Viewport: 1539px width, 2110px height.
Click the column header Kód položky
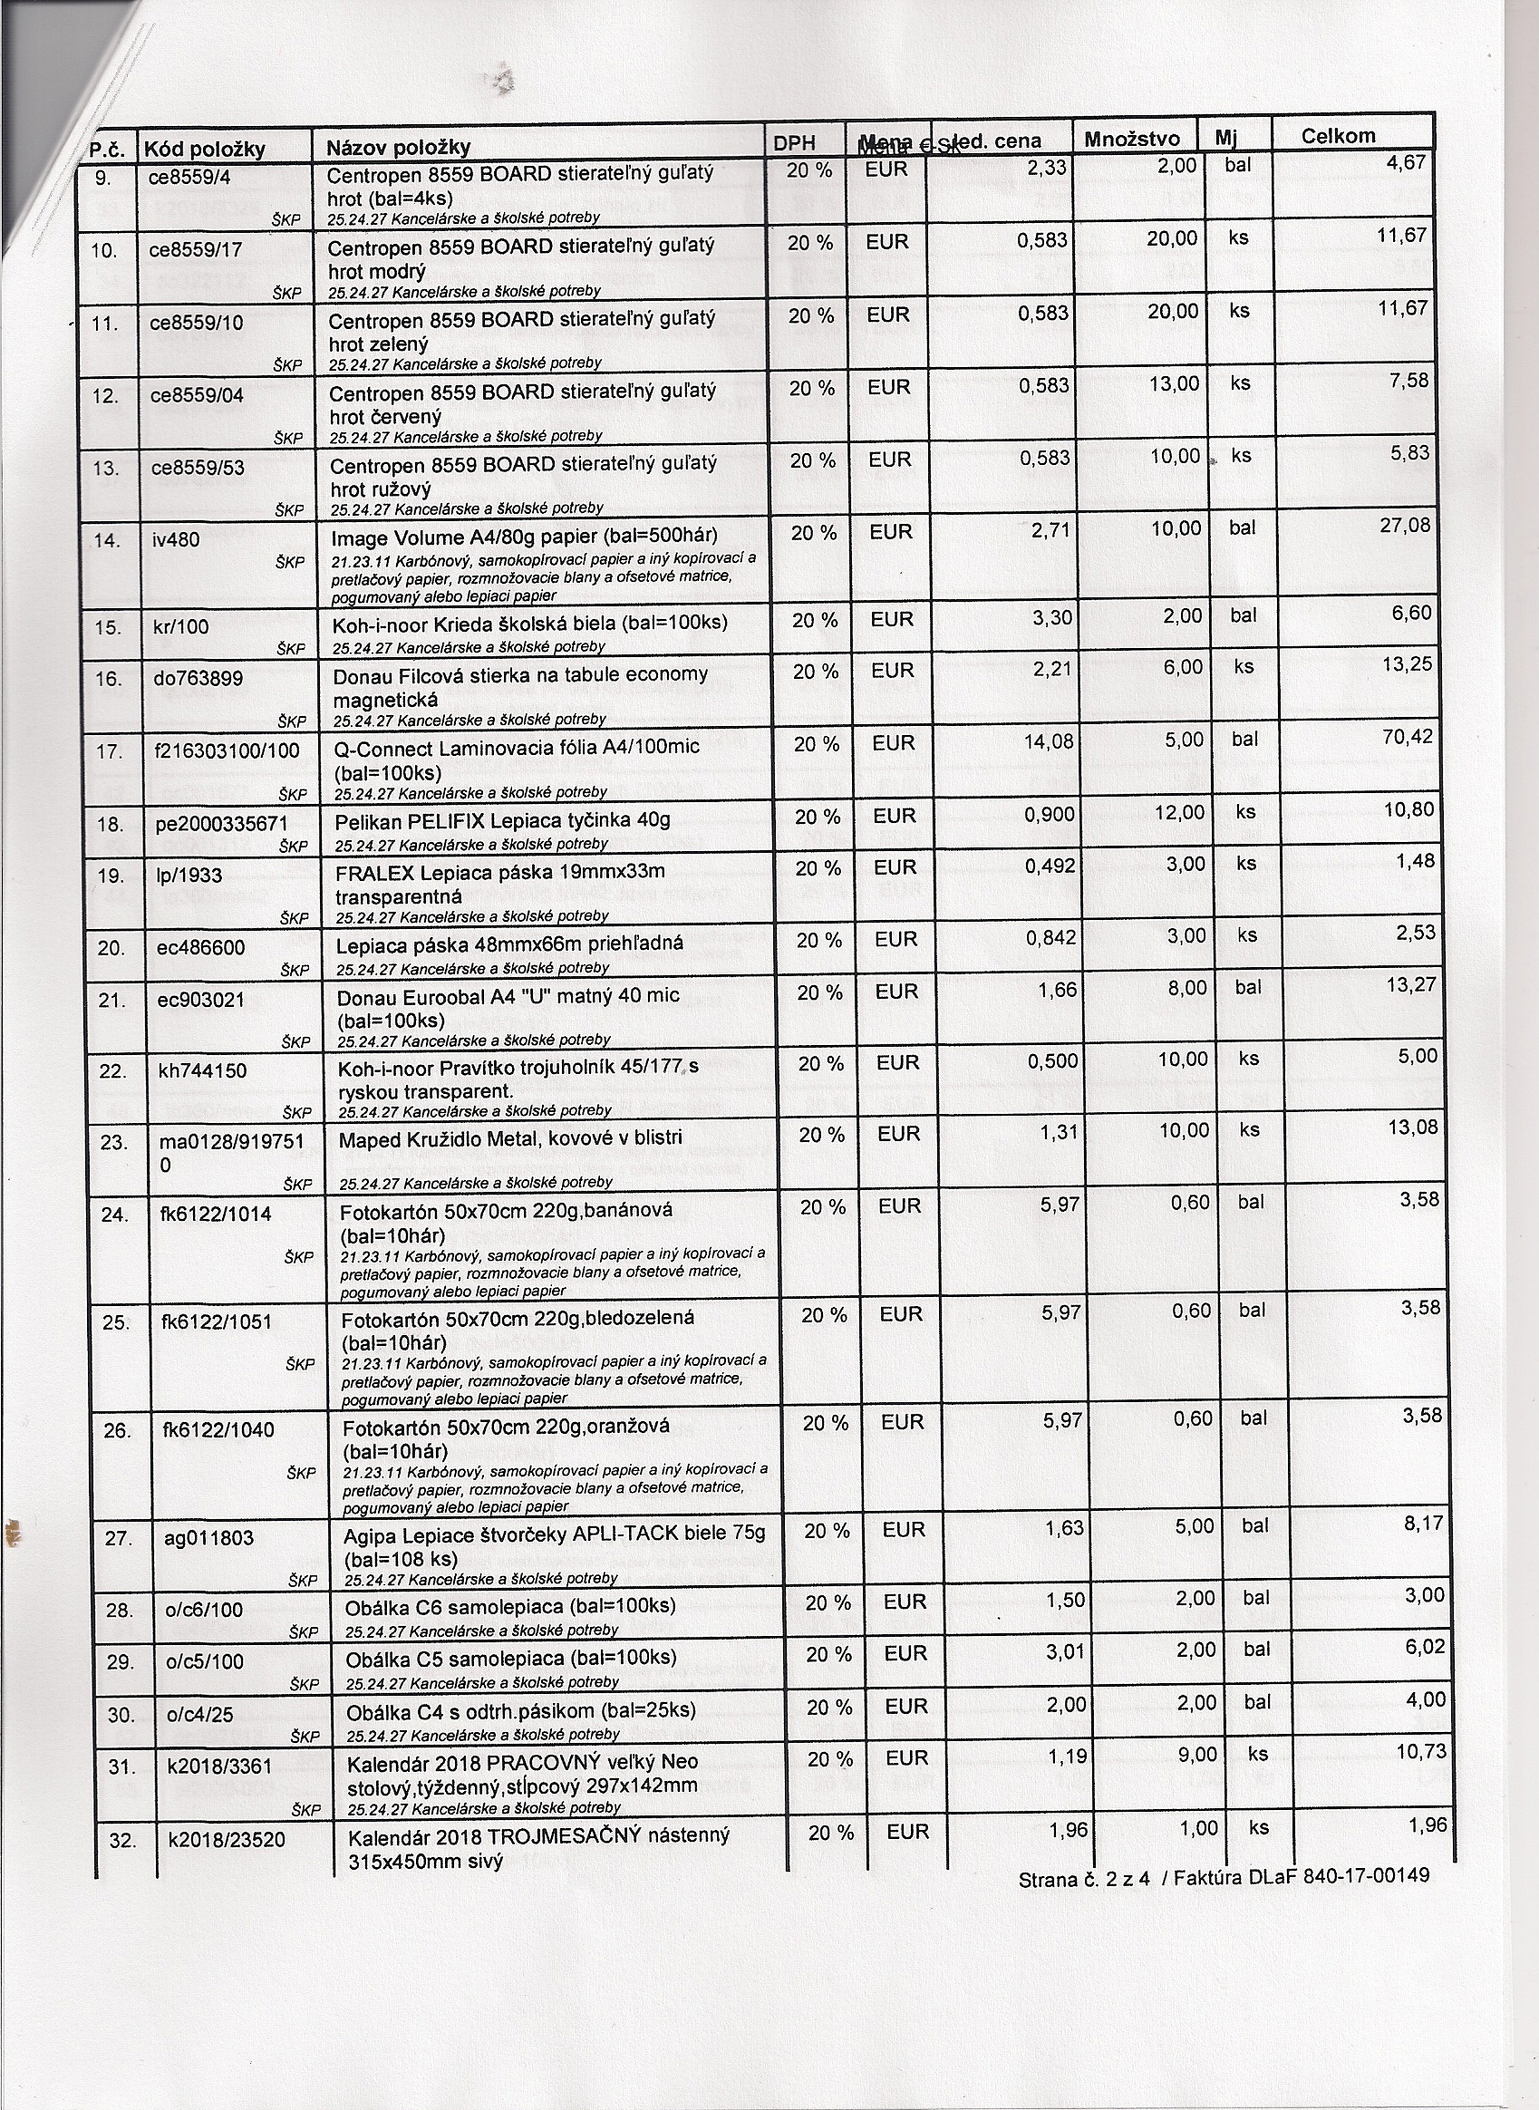coord(204,148)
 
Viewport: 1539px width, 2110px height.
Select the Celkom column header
coord(1338,136)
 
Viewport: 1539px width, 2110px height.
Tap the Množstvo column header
coord(1132,140)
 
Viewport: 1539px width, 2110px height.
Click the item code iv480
coord(176,538)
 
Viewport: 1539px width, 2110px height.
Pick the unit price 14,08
coord(1049,742)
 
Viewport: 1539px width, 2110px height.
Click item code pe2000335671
coord(222,824)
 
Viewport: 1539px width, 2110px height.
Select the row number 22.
coord(112,1070)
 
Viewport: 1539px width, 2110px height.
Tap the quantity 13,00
coord(1174,383)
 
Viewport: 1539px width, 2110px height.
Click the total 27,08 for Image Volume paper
coord(1406,527)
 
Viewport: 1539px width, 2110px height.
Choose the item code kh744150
coord(202,1070)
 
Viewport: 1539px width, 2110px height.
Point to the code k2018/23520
coord(227,1839)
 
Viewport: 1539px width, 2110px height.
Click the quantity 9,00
coord(1196,1755)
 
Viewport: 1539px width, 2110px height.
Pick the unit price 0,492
coord(1050,866)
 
